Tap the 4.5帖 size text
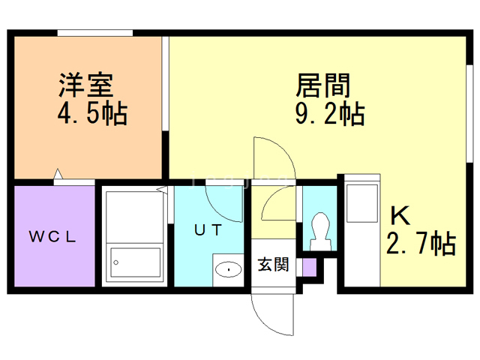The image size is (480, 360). [91, 114]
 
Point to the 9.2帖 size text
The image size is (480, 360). [330, 114]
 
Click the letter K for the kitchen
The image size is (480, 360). [400, 216]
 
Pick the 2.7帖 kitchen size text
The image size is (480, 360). [420, 244]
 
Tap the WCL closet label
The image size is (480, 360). [53, 238]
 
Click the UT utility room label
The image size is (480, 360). [208, 230]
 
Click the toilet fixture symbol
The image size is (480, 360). [319, 229]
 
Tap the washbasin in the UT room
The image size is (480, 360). [226, 268]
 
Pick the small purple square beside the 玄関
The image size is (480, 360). [309, 266]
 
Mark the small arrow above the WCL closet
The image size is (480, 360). [58, 177]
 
